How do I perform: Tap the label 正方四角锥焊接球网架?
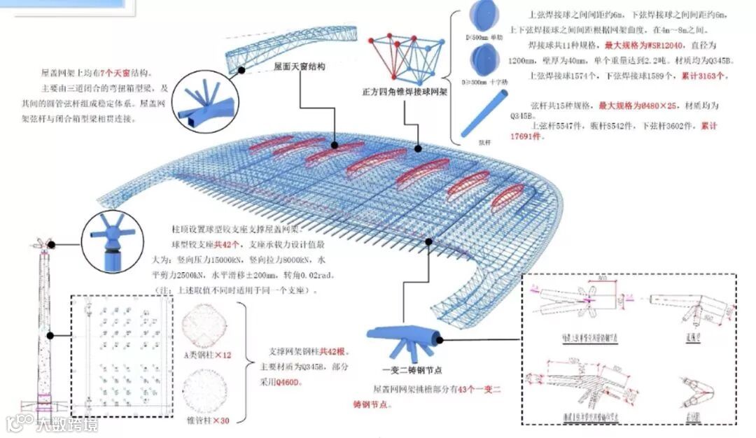pyautogui.click(x=404, y=92)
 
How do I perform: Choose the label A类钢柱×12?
pyautogui.click(x=207, y=355)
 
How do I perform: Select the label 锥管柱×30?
pyautogui.click(x=207, y=421)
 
